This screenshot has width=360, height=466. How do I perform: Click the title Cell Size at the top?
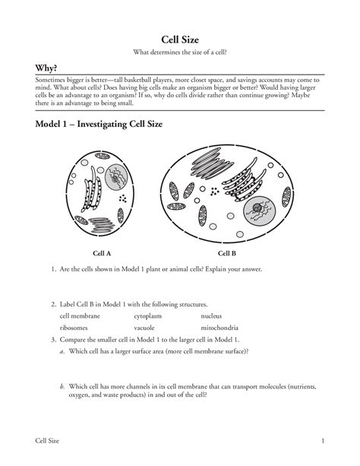[180, 40]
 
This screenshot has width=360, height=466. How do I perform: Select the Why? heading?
[46, 68]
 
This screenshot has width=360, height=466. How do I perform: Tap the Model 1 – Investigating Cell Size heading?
[99, 124]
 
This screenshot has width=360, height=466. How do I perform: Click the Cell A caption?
[102, 253]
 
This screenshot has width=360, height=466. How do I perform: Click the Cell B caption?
[227, 253]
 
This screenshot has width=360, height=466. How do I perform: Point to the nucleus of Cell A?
[116, 177]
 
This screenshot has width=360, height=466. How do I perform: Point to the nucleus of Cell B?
[259, 211]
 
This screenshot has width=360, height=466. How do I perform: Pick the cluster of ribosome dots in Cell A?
[123, 198]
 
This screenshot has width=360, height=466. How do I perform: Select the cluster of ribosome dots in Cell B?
[214, 192]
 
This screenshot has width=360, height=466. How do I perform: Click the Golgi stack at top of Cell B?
[211, 163]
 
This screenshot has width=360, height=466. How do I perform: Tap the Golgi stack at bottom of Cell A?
[101, 225]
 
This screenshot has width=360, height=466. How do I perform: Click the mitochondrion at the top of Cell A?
[103, 156]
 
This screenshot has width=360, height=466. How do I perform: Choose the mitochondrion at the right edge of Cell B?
[286, 197]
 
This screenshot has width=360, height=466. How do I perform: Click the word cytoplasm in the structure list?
[147, 316]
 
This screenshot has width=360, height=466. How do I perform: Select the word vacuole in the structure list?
[144, 328]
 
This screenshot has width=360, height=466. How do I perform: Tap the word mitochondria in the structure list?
[219, 328]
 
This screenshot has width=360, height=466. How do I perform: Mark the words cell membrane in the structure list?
[80, 316]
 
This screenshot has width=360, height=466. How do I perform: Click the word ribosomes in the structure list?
[74, 328]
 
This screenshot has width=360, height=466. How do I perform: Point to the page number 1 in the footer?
[323, 441]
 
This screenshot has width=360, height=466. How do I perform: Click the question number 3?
[53, 340]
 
